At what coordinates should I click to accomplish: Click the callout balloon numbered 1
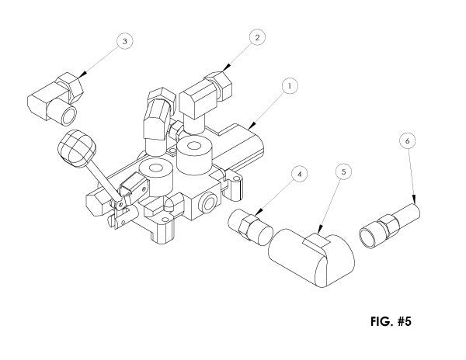[289, 86]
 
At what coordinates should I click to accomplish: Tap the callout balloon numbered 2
[257, 37]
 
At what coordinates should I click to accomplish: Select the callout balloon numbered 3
[124, 41]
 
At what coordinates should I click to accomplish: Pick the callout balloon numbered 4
[299, 174]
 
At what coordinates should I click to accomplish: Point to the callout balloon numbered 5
[343, 171]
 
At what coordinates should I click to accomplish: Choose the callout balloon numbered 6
[408, 140]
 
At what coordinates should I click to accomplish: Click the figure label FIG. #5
[391, 321]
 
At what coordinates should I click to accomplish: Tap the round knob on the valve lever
[77, 147]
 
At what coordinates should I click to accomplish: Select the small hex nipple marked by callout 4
[250, 227]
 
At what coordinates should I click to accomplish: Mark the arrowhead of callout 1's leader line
[252, 125]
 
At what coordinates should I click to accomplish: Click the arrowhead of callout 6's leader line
[414, 199]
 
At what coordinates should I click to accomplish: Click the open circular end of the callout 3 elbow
[68, 115]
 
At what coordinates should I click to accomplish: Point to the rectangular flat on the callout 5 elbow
[317, 240]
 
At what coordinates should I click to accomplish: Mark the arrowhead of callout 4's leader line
[259, 213]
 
